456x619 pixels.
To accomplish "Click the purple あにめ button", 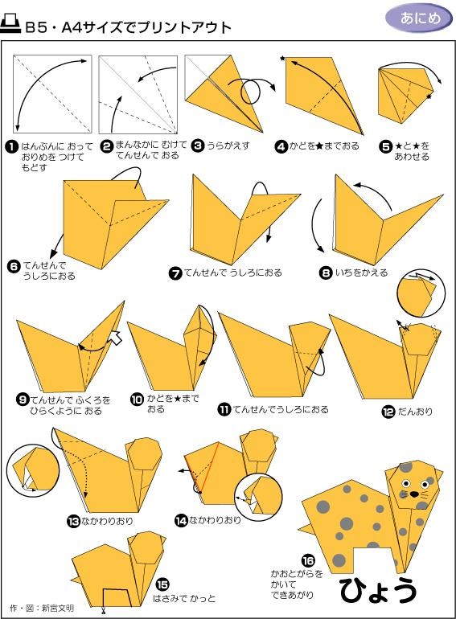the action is (418, 18).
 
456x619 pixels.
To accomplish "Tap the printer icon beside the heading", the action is (11, 24).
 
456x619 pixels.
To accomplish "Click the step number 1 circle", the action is (12, 147).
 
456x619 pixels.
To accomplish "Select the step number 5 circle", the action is (385, 146).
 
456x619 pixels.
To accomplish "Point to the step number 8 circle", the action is (326, 273).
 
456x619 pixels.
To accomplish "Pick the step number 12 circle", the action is (388, 412).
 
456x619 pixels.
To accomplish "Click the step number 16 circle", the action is (308, 560).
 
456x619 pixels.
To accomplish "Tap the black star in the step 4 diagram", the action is (282, 59).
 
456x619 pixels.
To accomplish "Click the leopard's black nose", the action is (413, 494).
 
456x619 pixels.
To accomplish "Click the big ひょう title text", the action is (378, 591).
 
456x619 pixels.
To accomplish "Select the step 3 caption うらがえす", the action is (228, 146).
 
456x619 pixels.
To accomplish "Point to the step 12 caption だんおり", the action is (415, 412).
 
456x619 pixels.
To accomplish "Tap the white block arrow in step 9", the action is (115, 337).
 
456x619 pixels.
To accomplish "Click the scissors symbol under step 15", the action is (103, 612).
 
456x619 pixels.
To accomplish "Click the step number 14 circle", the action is (181, 521).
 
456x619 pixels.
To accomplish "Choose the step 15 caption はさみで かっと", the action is (184, 598).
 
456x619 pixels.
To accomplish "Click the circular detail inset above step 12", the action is (421, 293).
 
